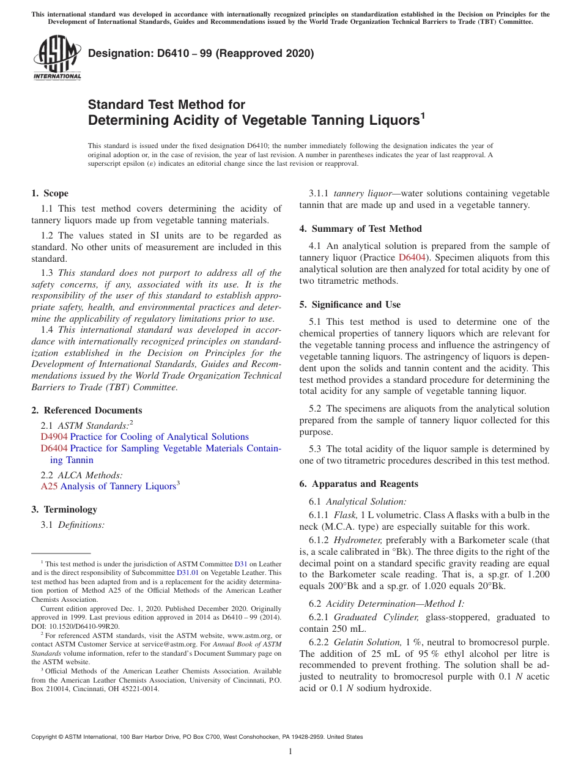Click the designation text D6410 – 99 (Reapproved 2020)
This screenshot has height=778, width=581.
pos(201,53)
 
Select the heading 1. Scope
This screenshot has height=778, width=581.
pos(50,193)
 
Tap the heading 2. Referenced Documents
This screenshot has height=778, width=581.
pos(87,410)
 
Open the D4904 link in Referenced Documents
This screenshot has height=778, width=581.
pos(54,437)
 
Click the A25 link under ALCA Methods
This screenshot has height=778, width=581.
pos(49,486)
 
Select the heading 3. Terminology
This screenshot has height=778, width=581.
pos(64,509)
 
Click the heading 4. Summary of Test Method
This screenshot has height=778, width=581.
pos(360,229)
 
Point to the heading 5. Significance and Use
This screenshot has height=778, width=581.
pos(350,305)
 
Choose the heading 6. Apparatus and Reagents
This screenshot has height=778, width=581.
pos(358,484)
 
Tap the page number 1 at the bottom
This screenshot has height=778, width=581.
pos(290,752)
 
